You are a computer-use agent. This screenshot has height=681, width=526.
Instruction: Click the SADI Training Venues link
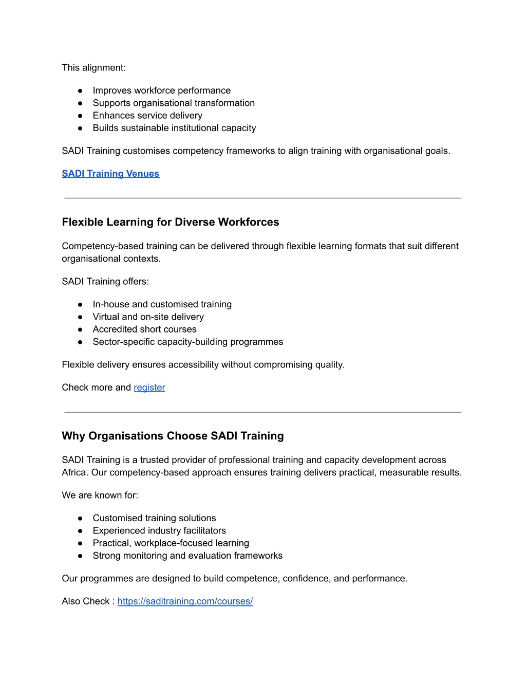pos(110,174)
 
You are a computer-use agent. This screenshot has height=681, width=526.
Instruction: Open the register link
pos(149,388)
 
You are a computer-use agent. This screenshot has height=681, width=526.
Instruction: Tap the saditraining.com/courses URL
pos(185,601)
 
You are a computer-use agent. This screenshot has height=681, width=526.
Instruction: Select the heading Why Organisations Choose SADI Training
pos(173,436)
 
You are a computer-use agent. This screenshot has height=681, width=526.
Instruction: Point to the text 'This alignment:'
pos(93,68)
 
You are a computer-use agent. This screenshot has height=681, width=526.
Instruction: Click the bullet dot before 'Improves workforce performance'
pos(80,91)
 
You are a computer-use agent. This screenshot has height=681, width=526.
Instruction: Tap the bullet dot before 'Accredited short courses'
pos(80,329)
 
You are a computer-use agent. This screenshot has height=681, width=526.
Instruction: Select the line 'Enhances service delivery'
pos(147,116)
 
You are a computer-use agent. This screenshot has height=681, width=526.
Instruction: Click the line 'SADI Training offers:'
pos(105,282)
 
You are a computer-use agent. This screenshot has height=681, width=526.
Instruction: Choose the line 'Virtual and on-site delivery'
pos(148,317)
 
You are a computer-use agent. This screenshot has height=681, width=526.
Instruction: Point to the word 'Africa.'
pos(75,473)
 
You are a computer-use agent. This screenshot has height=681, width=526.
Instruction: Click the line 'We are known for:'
pos(100,495)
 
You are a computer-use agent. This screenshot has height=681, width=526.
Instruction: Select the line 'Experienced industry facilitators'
pos(159,531)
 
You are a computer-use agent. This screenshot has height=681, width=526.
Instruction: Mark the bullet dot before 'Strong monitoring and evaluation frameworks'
pos(80,556)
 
